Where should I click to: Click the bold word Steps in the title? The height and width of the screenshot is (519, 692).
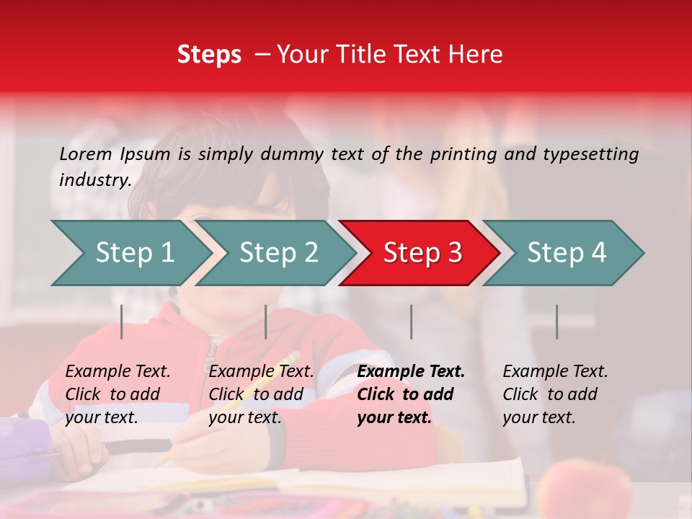point(209,55)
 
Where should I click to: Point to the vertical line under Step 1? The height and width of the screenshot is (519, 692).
point(122,321)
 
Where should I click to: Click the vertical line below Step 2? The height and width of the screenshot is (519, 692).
point(266,321)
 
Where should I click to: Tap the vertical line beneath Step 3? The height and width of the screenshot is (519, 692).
point(412,321)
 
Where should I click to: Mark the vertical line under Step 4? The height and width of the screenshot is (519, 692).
point(556,321)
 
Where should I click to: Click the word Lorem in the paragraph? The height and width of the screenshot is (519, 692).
point(86,154)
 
